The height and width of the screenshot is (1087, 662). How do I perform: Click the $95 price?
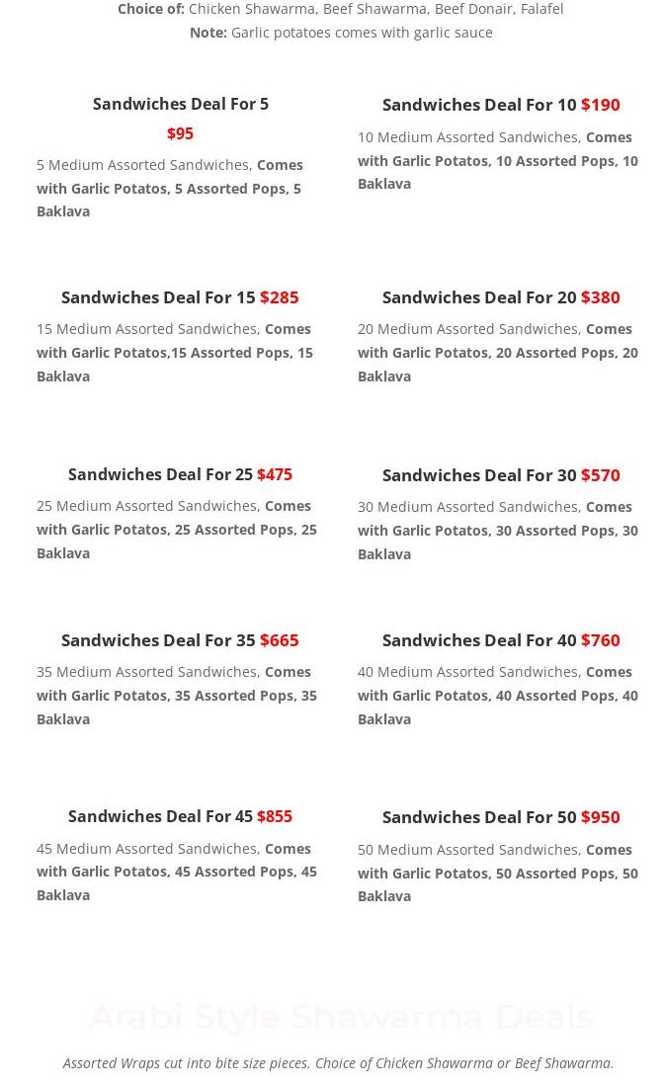tap(180, 133)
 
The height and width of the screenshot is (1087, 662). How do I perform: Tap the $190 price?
tap(600, 104)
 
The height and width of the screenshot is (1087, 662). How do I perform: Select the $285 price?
tap(279, 296)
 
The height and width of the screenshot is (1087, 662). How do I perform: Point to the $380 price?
tap(600, 296)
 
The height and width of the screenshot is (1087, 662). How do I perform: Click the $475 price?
tap(275, 474)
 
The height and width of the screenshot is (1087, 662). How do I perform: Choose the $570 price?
tap(600, 474)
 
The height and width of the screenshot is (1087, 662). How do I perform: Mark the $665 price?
tap(279, 639)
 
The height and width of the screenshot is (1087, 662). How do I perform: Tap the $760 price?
tap(600, 639)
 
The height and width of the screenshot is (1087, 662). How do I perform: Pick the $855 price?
tap(275, 816)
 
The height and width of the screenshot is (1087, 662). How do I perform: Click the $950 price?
tap(600, 817)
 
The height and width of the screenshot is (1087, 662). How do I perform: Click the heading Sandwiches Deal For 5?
tap(180, 104)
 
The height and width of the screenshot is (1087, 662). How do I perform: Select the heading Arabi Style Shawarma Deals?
tap(341, 1016)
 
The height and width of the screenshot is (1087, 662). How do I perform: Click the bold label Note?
tap(207, 33)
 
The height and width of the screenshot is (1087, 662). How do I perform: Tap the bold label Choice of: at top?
tap(150, 9)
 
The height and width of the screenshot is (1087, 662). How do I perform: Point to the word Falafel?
tap(540, 9)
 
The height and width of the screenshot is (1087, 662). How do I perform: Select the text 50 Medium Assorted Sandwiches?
tap(468, 849)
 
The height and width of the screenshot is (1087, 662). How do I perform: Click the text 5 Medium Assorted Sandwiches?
tap(143, 164)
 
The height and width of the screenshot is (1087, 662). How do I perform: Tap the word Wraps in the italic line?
tap(139, 1063)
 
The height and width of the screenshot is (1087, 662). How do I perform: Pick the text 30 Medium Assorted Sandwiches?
tap(468, 506)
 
